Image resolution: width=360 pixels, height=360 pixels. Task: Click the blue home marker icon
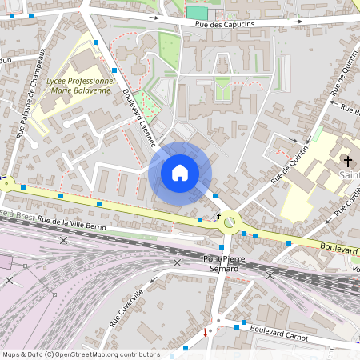point(180,172)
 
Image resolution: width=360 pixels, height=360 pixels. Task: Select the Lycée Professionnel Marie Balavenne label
point(82,86)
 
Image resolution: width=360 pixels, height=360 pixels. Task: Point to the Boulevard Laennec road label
point(138,116)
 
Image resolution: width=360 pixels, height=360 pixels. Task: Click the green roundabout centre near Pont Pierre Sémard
point(230,222)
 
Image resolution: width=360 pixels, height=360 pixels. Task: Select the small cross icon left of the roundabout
point(218,216)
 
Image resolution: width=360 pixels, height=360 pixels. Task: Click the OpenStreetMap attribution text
point(81,354)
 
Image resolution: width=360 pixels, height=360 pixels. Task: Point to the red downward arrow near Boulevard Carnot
point(206,333)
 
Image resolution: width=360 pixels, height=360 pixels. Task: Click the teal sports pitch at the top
point(196,12)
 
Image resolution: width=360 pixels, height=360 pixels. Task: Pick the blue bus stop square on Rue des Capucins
point(31,16)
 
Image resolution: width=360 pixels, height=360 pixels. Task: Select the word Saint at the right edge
point(349,175)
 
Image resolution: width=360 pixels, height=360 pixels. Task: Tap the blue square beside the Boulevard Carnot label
point(238,326)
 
